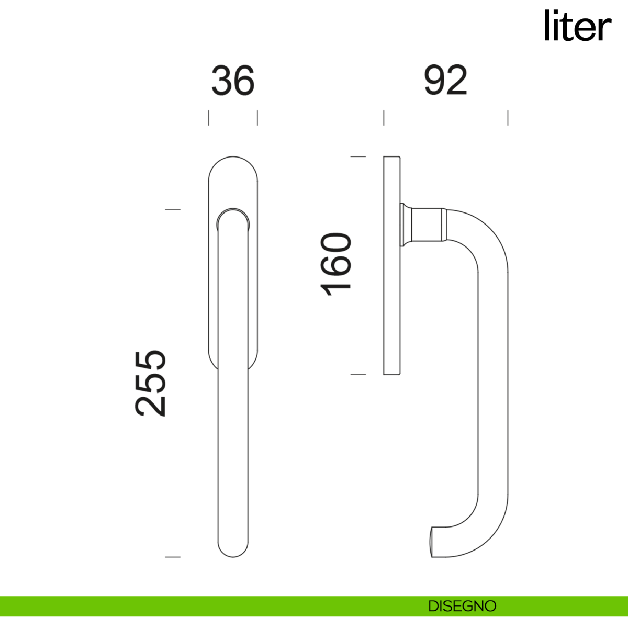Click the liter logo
(x=578, y=26)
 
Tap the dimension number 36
(x=233, y=81)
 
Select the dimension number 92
(x=445, y=80)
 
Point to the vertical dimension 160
(x=335, y=264)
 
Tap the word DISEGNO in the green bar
(x=462, y=606)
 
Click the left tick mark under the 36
(x=209, y=118)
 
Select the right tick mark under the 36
(x=257, y=118)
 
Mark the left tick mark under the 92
(x=384, y=118)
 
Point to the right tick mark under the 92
(x=508, y=118)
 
